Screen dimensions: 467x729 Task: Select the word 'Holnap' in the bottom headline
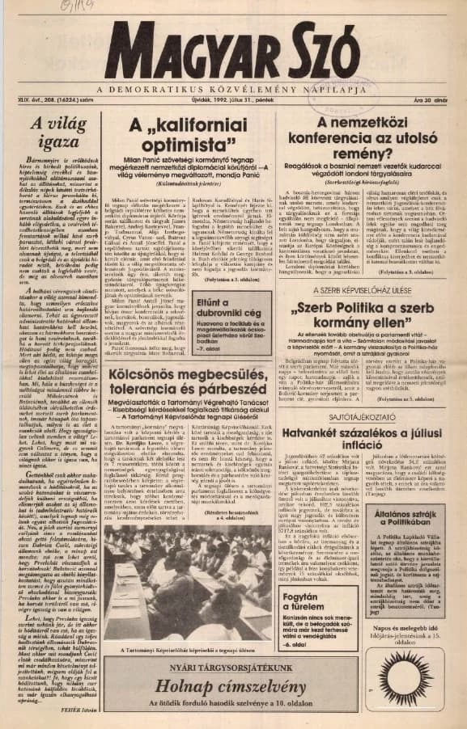click(x=179, y=685)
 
